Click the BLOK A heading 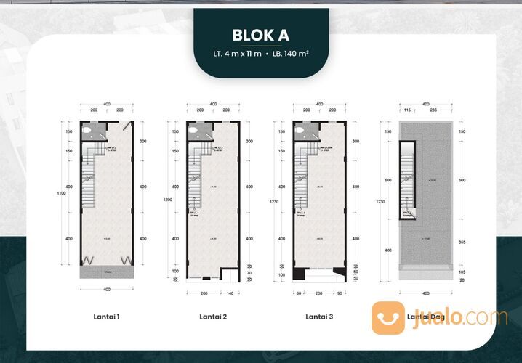[x=260, y=34]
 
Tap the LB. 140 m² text [x=293, y=52]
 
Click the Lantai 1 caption [x=107, y=317]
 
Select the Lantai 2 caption [x=213, y=317]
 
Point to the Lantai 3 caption [x=320, y=317]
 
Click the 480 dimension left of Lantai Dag [x=388, y=251]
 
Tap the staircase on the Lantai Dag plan [x=408, y=187]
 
